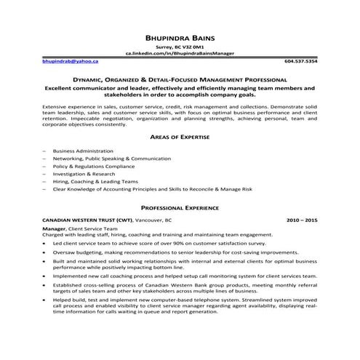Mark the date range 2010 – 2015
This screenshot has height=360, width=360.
tap(302, 219)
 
